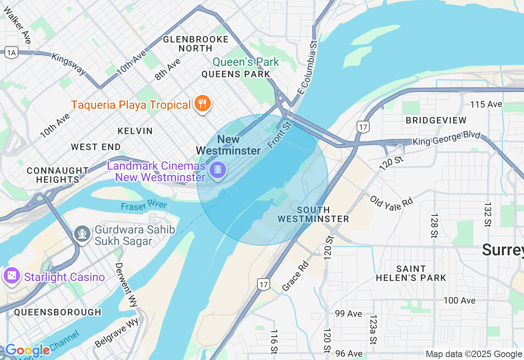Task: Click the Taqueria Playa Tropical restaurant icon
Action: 202,104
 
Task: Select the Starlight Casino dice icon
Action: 11,276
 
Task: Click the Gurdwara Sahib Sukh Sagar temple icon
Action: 82,234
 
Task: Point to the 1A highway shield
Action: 11,52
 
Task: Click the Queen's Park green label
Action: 246,62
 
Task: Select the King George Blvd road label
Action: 446,138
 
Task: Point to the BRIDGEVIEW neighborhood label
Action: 436,120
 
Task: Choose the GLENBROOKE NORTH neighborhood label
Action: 196,44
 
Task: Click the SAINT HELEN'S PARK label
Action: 411,273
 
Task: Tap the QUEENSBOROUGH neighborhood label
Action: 57,312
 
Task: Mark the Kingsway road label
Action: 69,63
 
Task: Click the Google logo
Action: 27,350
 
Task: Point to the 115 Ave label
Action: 486,104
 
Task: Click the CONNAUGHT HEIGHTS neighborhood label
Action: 57,175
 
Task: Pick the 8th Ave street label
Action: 167,69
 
